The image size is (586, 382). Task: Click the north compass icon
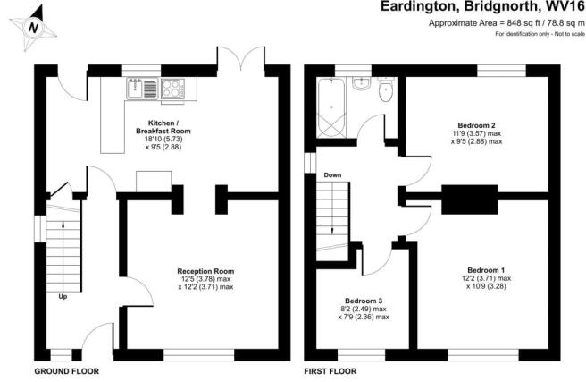coord(34,28)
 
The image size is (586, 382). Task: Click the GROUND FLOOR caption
coord(67,370)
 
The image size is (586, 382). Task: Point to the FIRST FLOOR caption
coord(330,370)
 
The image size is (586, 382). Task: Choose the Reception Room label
coord(205,271)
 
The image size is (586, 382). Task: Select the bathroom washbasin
coord(361,84)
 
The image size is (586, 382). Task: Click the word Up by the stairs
coord(63,297)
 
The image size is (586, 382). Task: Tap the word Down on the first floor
coord(332,175)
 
